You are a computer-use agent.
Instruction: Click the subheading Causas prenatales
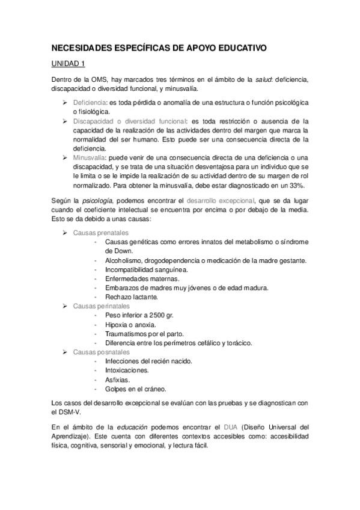coord(100,232)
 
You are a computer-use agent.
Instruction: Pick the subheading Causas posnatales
coord(101,351)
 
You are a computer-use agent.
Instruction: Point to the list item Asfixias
coord(117,379)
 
